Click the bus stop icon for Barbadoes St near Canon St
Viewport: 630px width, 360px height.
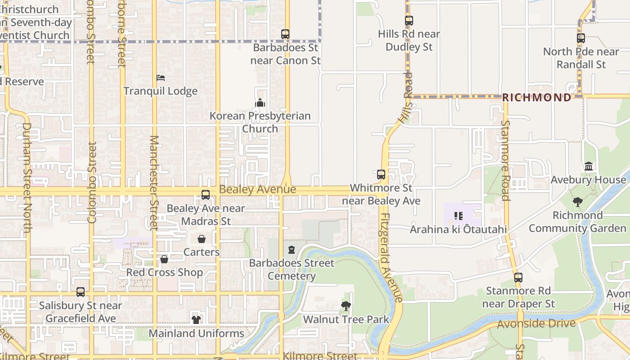(x=285, y=34)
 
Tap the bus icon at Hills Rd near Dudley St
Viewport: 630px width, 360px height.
(x=409, y=21)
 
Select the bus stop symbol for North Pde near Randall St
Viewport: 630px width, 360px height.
(x=581, y=38)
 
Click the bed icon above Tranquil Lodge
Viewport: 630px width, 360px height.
(x=161, y=78)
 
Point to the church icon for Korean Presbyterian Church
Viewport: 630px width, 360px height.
(x=260, y=103)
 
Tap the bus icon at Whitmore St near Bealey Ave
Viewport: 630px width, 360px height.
(x=381, y=175)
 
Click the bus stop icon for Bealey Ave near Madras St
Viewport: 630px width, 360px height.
(x=206, y=195)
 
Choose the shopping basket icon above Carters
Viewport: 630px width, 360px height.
(x=202, y=239)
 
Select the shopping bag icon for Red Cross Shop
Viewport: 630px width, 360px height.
(x=164, y=259)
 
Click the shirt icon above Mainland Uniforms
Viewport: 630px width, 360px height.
(x=196, y=320)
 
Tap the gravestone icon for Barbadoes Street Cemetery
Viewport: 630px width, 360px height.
(x=292, y=250)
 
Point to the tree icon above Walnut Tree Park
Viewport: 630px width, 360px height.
(x=346, y=306)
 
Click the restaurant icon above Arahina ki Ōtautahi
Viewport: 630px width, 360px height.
(x=458, y=216)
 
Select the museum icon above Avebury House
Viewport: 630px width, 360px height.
(x=589, y=166)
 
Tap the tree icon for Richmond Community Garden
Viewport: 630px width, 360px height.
(x=578, y=202)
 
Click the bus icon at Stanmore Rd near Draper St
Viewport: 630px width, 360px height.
(x=518, y=278)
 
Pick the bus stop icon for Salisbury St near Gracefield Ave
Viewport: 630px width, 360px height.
(x=81, y=292)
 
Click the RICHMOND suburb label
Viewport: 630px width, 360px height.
(x=536, y=97)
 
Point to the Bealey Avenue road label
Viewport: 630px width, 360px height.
(x=257, y=189)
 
